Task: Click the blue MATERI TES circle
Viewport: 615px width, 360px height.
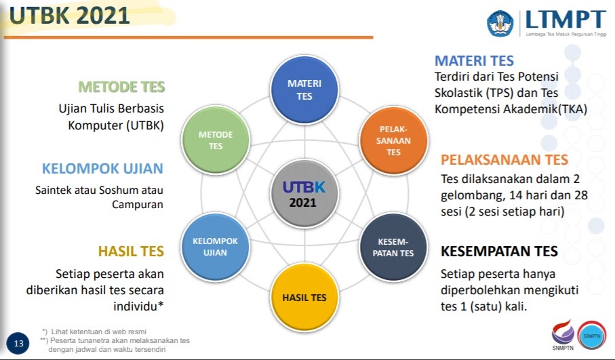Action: (304, 90)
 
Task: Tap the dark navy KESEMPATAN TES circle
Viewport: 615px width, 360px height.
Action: (393, 248)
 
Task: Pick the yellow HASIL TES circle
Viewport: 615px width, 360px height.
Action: (304, 297)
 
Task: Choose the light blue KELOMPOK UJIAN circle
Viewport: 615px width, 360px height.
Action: (215, 247)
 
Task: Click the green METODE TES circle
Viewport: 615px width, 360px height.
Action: (216, 140)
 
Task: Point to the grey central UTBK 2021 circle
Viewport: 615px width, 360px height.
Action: (304, 194)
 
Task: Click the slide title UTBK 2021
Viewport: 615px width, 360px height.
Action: (70, 16)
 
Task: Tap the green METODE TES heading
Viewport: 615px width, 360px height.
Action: (122, 87)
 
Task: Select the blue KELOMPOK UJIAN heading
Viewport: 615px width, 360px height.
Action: (103, 169)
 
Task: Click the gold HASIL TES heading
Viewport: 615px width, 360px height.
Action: (131, 252)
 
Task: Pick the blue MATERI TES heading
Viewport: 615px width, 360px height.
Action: (475, 61)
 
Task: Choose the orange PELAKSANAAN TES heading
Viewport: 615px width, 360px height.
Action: (504, 160)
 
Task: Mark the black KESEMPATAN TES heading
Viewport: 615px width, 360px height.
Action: (499, 252)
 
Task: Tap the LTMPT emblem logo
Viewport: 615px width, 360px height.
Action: (500, 22)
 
